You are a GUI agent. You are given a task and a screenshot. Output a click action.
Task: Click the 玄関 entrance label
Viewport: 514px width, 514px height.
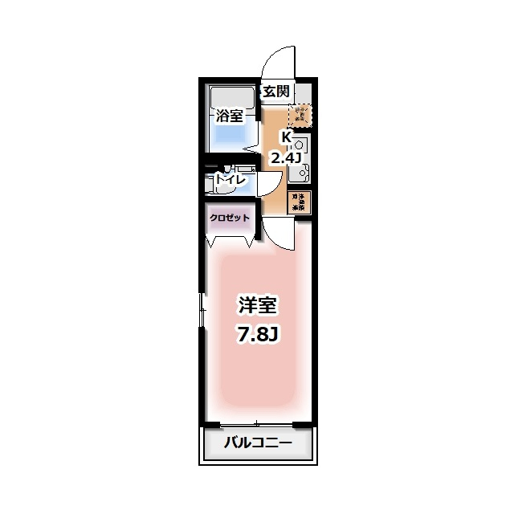[x=275, y=92]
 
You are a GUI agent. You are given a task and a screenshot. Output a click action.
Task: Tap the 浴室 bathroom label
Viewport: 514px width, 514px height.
[x=229, y=116]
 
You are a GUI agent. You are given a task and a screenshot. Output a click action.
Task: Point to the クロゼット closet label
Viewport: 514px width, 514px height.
[x=230, y=218]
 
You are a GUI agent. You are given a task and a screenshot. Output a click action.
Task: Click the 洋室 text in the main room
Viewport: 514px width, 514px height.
[x=257, y=306]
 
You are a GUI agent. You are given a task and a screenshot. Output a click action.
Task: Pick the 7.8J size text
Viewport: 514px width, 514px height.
[x=257, y=333]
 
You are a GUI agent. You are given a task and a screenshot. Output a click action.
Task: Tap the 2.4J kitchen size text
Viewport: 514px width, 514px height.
[x=285, y=157]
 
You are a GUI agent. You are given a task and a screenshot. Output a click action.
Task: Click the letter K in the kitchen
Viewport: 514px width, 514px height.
[x=285, y=137]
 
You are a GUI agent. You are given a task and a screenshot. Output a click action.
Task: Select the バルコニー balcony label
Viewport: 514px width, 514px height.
[x=257, y=443]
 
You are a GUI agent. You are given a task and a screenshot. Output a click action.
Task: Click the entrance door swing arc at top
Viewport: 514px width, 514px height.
[x=282, y=61]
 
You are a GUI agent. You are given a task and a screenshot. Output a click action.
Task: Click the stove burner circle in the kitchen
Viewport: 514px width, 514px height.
[x=300, y=145]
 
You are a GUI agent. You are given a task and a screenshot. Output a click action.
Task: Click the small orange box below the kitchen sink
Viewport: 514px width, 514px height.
[x=299, y=202]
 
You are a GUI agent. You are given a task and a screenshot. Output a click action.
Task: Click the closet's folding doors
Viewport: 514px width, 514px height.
[x=230, y=239]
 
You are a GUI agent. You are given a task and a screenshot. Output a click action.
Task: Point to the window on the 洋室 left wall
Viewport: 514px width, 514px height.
[x=202, y=309]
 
